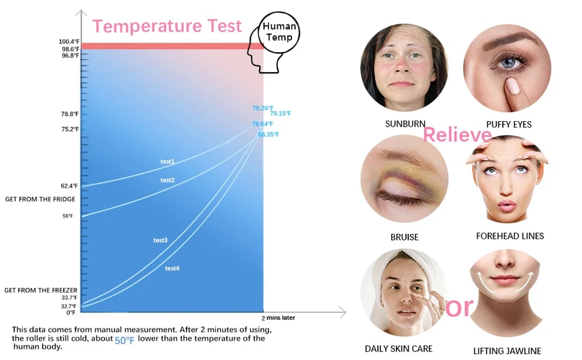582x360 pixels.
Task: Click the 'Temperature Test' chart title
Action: (167, 26)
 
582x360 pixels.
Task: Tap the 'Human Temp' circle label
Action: (279, 32)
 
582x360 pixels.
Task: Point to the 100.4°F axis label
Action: (69, 41)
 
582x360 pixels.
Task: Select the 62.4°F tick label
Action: (70, 186)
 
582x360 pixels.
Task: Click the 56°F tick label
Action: (68, 216)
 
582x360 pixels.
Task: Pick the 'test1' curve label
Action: (167, 161)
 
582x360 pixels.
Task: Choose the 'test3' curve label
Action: (160, 241)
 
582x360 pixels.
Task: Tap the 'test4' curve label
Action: (172, 268)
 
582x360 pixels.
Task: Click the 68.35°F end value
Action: (268, 134)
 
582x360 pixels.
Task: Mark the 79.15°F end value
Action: (280, 113)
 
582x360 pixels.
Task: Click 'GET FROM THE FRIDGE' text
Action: (40, 199)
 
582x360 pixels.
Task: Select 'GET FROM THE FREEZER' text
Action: (41, 290)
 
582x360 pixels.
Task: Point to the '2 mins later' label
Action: (278, 318)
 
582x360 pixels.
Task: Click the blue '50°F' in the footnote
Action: (124, 340)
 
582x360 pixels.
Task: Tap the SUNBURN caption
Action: (406, 124)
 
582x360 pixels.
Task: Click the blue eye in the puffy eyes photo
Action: (508, 62)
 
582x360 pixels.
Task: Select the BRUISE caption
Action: (404, 237)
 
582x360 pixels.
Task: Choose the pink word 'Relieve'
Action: (457, 134)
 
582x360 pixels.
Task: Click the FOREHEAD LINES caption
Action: (510, 236)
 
